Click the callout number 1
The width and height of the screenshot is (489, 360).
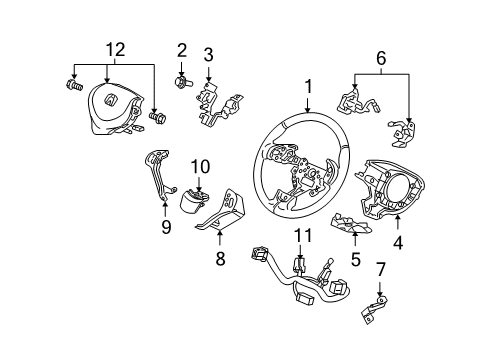(x=308, y=89)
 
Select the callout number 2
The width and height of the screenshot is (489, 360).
(x=182, y=50)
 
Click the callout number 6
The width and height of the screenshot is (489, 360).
(x=381, y=60)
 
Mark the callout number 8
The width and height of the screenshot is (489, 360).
(x=221, y=258)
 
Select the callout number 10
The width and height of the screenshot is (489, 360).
(x=199, y=166)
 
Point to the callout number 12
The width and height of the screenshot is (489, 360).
(x=118, y=47)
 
